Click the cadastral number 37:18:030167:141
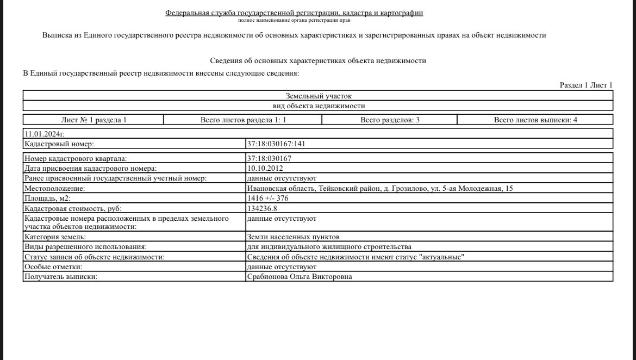click(x=278, y=144)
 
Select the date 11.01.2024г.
click(x=45, y=133)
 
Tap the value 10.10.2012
click(x=265, y=168)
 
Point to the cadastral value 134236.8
click(x=262, y=208)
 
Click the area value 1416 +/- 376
click(x=267, y=198)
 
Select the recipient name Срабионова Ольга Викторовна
click(x=300, y=277)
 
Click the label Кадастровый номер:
click(x=60, y=144)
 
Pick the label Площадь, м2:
click(x=48, y=198)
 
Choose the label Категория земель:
click(x=55, y=237)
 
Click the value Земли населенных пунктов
click(x=293, y=237)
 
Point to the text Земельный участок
click(x=319, y=96)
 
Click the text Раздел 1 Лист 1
click(x=586, y=85)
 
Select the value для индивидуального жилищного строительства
click(x=325, y=247)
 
